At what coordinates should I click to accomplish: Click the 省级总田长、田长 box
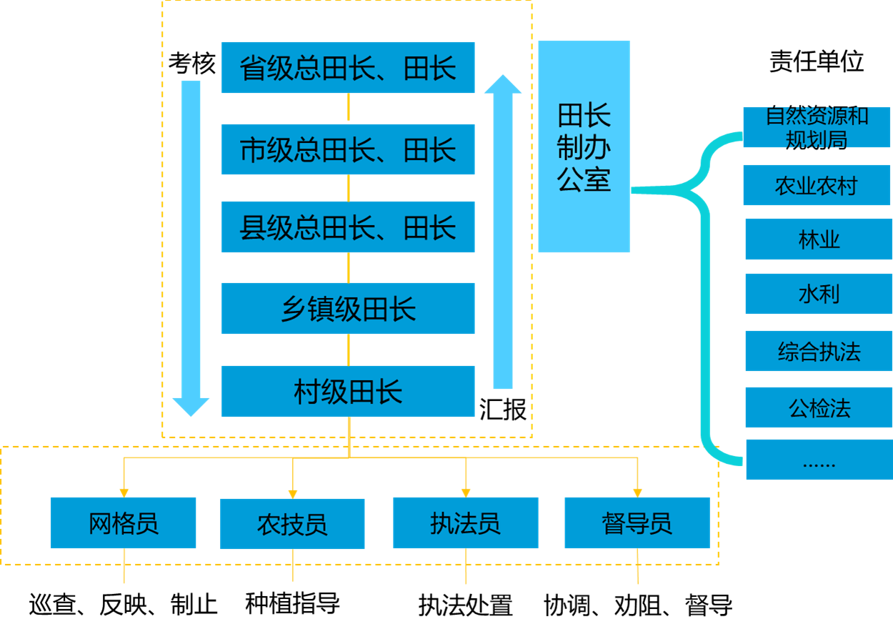(348, 68)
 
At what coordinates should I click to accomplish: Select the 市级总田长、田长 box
(348, 149)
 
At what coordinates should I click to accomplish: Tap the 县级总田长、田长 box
(348, 227)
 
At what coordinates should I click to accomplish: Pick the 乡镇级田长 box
(348, 309)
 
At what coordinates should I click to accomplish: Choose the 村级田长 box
(348, 392)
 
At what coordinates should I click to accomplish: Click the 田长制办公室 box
(584, 147)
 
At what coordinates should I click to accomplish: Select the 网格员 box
(123, 523)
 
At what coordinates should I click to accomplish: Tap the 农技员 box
(292, 524)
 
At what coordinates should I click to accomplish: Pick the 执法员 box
(465, 523)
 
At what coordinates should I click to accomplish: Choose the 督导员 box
(637, 523)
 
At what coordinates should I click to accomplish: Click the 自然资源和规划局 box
(817, 128)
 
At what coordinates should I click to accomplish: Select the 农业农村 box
(817, 186)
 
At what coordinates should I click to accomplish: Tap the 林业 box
(819, 239)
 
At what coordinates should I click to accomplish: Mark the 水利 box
(819, 294)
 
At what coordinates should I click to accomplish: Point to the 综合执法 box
(819, 351)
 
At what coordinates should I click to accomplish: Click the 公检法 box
(819, 407)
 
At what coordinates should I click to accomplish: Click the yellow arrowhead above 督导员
(637, 492)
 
